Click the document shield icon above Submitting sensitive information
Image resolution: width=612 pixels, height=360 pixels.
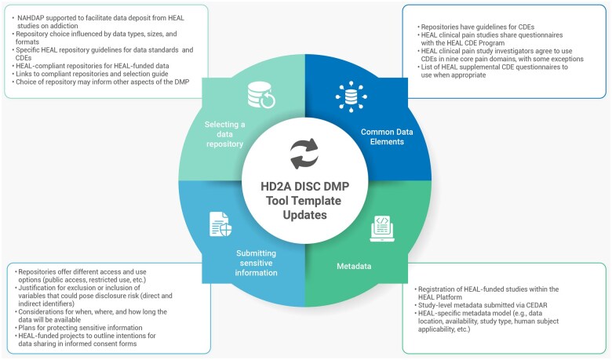[x=220, y=224]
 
